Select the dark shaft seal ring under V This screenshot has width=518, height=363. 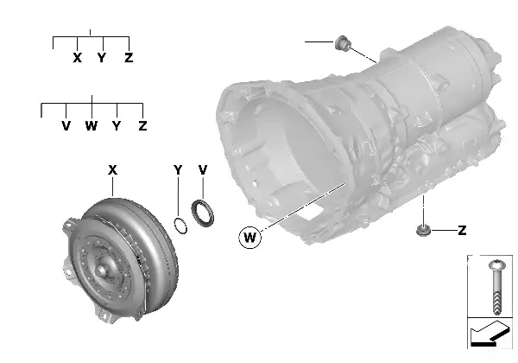tap(205, 214)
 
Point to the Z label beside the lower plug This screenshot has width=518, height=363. tap(462, 231)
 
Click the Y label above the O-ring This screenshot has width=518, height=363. tap(177, 171)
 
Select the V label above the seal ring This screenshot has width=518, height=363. tap(203, 171)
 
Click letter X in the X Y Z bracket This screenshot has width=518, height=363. tap(78, 58)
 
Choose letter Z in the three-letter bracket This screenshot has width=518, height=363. tap(129, 58)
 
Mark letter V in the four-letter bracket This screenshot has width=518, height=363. tap(66, 126)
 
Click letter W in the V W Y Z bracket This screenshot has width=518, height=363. tap(92, 126)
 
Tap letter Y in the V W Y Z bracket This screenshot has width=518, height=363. tap(117, 126)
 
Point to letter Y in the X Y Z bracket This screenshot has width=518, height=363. tap(103, 58)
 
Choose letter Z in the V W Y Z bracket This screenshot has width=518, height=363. tap(142, 126)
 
